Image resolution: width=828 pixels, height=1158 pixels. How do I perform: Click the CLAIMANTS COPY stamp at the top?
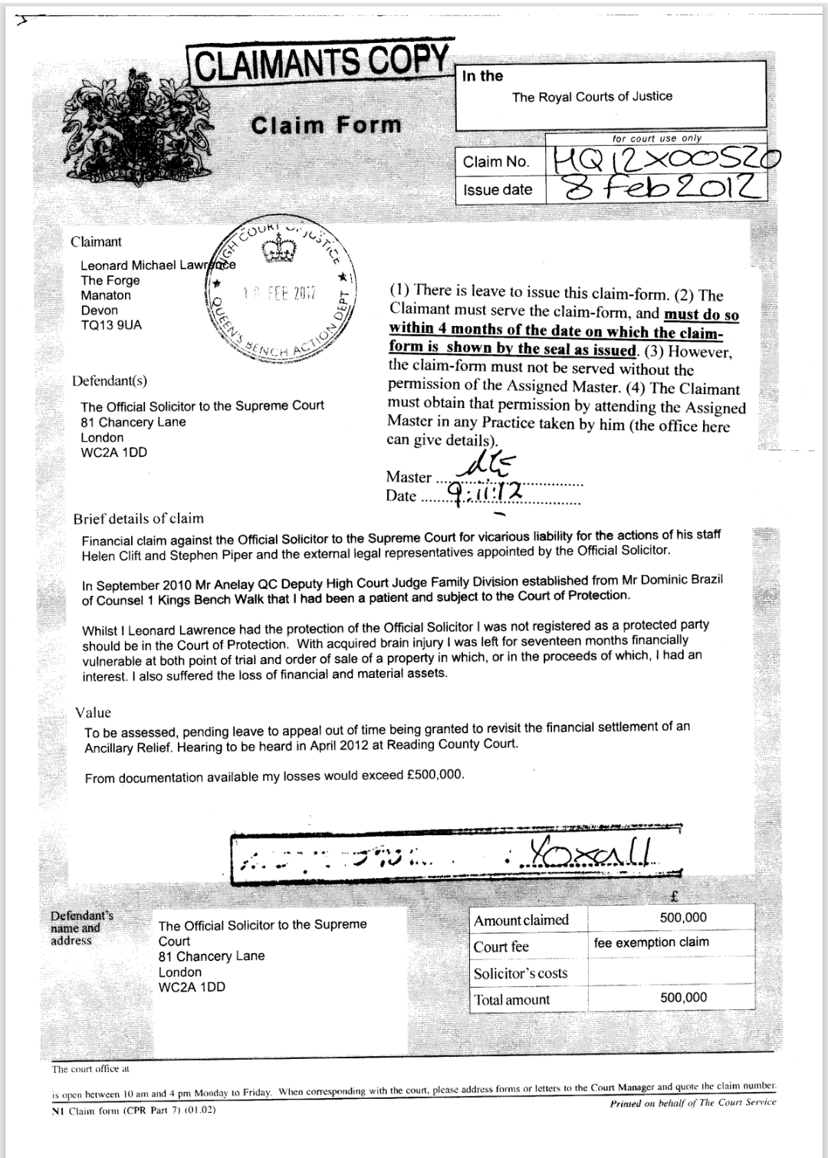click(x=322, y=62)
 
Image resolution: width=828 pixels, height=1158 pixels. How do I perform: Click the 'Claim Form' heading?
click(x=326, y=124)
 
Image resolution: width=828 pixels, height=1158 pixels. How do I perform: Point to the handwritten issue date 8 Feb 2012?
click(x=663, y=187)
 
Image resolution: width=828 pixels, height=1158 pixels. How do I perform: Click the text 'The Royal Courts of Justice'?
click(x=592, y=97)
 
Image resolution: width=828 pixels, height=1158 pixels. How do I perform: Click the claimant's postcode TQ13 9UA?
click(x=111, y=325)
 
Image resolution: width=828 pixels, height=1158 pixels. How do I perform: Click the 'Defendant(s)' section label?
click(x=110, y=380)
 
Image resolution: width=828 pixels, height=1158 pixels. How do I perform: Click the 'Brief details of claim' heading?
click(x=138, y=518)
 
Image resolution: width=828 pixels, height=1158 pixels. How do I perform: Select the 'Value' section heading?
click(x=93, y=712)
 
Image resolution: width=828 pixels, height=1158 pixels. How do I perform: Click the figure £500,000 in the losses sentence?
click(x=433, y=775)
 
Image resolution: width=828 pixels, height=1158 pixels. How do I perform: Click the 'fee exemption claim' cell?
click(x=651, y=942)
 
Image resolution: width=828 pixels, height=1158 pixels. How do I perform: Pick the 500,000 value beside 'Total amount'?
click(x=683, y=997)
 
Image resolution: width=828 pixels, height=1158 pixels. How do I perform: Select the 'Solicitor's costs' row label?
click(x=521, y=973)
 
